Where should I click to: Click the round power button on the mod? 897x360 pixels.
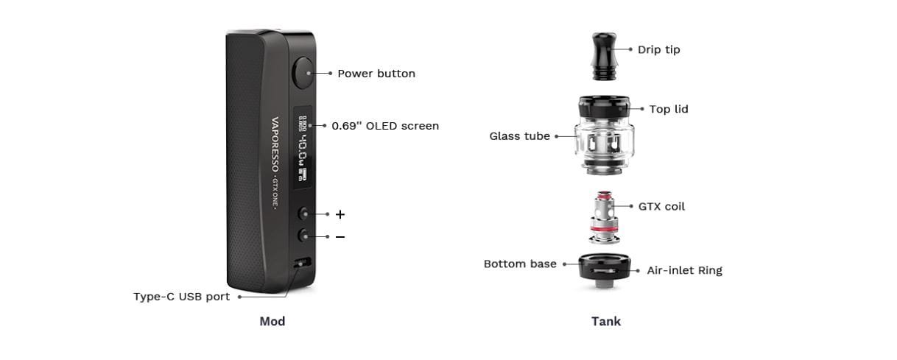(303, 73)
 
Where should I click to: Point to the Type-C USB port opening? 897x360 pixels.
(300, 264)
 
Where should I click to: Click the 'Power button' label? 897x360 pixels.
(376, 74)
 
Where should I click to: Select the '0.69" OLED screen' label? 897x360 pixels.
(384, 126)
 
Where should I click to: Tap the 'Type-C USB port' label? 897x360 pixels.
(181, 297)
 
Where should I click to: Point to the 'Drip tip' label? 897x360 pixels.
(658, 49)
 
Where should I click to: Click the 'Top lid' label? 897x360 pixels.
(669, 109)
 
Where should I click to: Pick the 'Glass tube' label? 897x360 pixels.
(519, 136)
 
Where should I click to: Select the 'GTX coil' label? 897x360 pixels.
(661, 207)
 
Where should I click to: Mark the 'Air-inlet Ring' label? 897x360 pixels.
(684, 270)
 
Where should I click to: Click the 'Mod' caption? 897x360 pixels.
(272, 321)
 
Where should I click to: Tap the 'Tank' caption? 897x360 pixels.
(605, 321)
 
